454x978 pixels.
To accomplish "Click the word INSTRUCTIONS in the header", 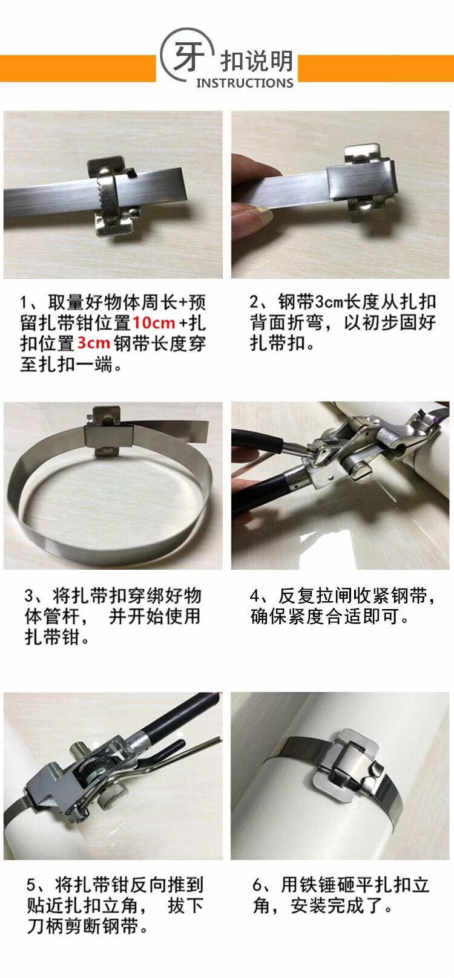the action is [x=245, y=83].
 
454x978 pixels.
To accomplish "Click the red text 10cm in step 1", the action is [x=154, y=322].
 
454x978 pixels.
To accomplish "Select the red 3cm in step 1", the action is [x=93, y=343].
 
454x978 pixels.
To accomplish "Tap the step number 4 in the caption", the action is [x=255, y=596].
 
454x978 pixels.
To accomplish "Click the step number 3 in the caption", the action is [x=29, y=596].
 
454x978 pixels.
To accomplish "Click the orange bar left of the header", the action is [x=77, y=68].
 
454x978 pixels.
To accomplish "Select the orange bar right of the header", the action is [x=376, y=68].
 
